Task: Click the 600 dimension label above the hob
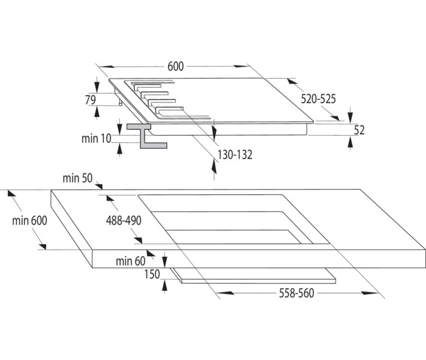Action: tap(175, 67)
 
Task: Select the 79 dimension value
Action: tap(91, 100)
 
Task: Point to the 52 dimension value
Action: tap(359, 130)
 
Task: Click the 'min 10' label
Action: tap(96, 139)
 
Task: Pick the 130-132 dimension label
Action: tap(235, 154)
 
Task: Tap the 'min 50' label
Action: tap(77, 178)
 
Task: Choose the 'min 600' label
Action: tap(29, 220)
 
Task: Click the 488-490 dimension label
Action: tap(123, 220)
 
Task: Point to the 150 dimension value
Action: tap(152, 275)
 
